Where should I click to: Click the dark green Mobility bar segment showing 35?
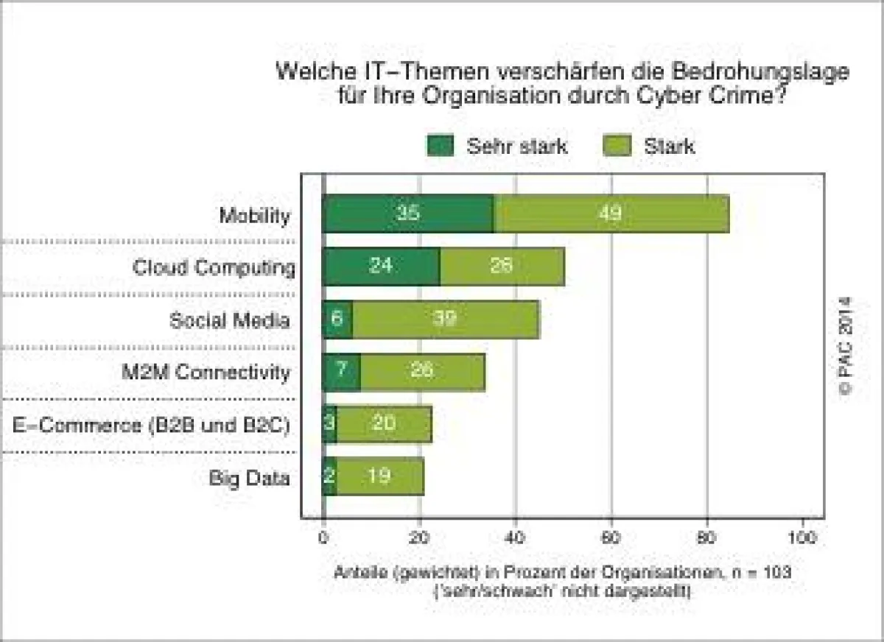(409, 214)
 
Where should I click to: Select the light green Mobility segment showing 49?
(611, 214)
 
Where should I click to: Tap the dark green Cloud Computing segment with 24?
(382, 267)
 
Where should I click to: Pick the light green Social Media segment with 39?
(445, 319)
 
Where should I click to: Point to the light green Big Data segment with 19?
(379, 477)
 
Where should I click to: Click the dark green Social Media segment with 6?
(337, 319)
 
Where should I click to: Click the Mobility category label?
(254, 216)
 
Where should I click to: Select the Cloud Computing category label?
(214, 267)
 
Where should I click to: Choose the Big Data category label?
(249, 479)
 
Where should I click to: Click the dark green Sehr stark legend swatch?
(441, 146)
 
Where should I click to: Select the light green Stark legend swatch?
(617, 146)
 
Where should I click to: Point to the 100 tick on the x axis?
(801, 538)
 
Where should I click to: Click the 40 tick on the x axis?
(515, 538)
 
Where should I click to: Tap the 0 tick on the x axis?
(323, 538)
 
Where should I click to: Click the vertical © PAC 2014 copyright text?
(845, 346)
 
